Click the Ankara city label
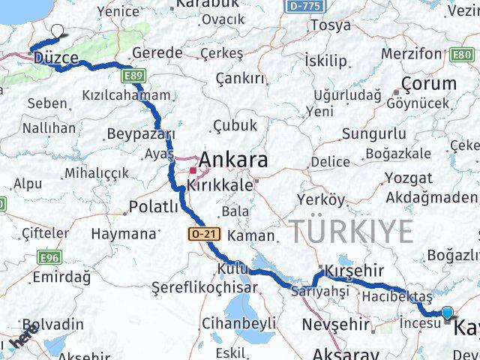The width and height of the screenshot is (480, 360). (x=233, y=160)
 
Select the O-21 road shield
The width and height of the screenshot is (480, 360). (x=202, y=235)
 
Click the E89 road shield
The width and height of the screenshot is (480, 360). (x=135, y=76)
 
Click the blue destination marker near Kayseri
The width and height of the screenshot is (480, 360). (x=447, y=313)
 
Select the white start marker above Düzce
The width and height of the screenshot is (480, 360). (x=57, y=31)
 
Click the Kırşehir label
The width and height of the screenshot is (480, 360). (x=355, y=271)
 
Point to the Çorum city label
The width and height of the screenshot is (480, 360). (x=428, y=83)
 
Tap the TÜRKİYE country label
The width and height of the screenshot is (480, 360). (x=352, y=232)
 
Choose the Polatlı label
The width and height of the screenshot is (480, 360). (x=154, y=206)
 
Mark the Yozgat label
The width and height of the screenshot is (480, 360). (x=408, y=178)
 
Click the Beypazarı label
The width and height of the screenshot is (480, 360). (x=140, y=133)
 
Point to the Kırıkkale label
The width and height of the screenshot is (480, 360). (x=221, y=184)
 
